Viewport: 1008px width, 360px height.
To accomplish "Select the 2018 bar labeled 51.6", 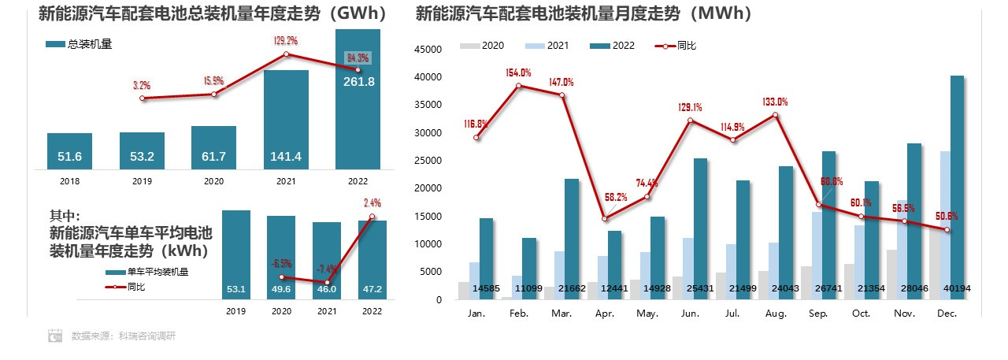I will coord(69,150).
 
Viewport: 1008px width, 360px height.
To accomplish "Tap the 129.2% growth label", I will coord(286,40).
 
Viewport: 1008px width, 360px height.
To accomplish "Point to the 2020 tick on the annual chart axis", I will coord(213,180).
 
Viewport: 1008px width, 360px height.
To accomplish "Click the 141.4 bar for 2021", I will coord(286,118).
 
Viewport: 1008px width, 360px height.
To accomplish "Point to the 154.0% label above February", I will coord(518,72).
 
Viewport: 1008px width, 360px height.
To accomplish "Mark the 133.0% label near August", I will coord(776,102).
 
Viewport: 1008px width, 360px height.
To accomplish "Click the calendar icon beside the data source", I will coord(55,336).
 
